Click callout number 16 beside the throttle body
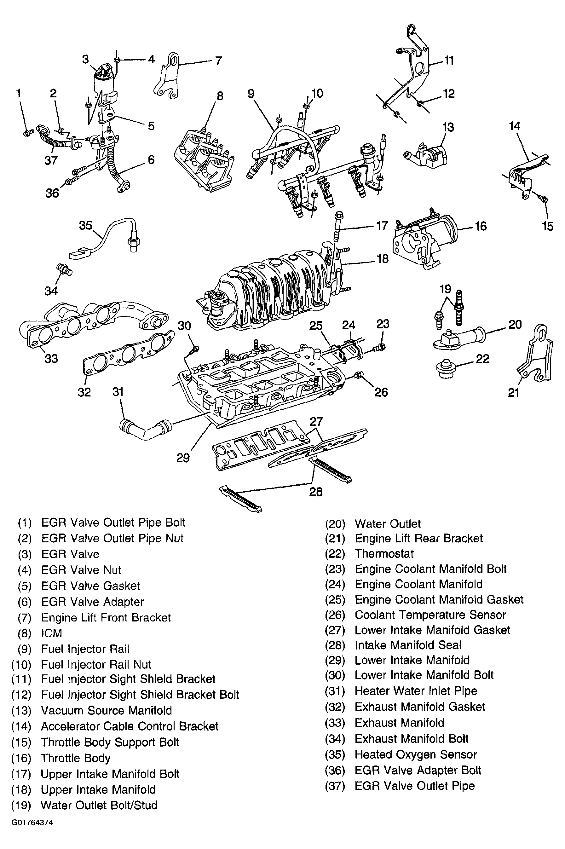coord(480,226)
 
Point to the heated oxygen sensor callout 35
coord(86,226)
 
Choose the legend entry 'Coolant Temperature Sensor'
coord(430,615)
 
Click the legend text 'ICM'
coord(52,633)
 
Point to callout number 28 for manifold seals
coord(316,492)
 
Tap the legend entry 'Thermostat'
coord(384,553)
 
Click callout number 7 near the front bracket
coord(218,61)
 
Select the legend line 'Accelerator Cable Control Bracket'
coord(130,726)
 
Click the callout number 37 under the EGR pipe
coord(51,160)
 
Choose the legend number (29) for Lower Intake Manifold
coord(335,660)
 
